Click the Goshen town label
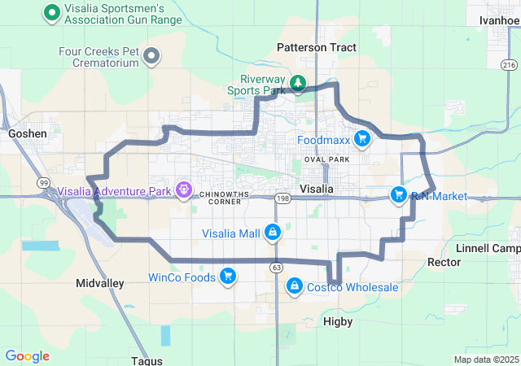pyautogui.click(x=28, y=133)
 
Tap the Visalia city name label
pyautogui.click(x=317, y=189)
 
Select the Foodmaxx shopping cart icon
pyautogui.click(x=361, y=140)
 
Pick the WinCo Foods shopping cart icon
pyautogui.click(x=228, y=277)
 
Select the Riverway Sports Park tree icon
pyautogui.click(x=298, y=83)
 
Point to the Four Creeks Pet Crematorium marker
pyautogui.click(x=151, y=56)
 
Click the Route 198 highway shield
pyautogui.click(x=282, y=198)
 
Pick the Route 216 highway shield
pyautogui.click(x=509, y=64)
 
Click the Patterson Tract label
pyautogui.click(x=317, y=48)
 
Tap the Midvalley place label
pyautogui.click(x=99, y=283)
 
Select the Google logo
pyautogui.click(x=28, y=356)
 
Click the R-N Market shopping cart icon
pyautogui.click(x=398, y=194)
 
